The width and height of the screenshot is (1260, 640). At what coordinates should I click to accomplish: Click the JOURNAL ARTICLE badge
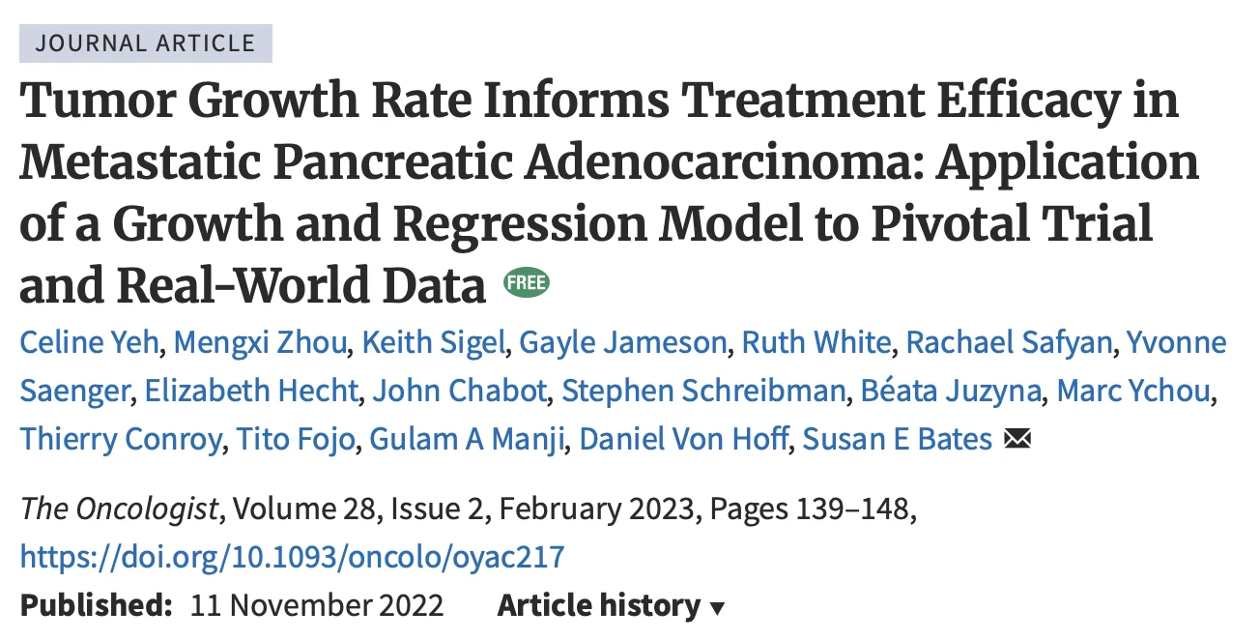(x=146, y=44)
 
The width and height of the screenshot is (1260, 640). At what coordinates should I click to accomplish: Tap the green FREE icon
(x=526, y=283)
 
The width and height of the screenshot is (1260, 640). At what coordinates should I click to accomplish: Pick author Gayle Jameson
(x=622, y=343)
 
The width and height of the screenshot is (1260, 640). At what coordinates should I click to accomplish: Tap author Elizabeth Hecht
(x=251, y=392)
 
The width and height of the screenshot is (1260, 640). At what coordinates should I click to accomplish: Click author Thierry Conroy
(x=121, y=440)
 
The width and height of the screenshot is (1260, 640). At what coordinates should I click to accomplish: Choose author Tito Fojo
(x=299, y=440)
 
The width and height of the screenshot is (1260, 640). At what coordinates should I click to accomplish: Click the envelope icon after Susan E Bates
(x=1017, y=441)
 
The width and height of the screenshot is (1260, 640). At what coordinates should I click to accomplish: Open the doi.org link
(x=292, y=557)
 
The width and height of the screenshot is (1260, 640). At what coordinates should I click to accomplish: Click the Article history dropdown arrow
(x=717, y=609)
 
